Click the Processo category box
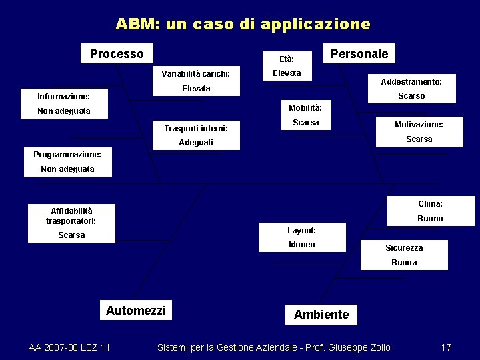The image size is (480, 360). coord(117,54)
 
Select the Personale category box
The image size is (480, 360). coord(359,54)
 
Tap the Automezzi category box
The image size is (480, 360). coord(136,310)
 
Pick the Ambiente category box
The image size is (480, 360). coord(321,314)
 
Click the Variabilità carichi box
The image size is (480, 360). coord(196,81)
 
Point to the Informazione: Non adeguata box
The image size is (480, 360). coord(64,103)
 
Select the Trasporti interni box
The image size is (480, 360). coord(196,135)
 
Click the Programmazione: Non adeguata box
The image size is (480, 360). coord(67,162)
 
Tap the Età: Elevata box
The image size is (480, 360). coord(287,66)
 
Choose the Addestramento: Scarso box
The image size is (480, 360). coord(411,89)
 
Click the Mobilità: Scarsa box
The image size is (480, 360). coord(305,115)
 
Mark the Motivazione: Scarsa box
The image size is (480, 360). coord(419,131)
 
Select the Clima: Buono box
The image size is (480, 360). coord(430,211)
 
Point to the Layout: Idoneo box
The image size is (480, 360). coord(302,237)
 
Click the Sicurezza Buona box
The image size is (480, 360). coord(404,255)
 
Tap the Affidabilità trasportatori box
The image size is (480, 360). coord(71,223)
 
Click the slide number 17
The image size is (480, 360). coord(446,347)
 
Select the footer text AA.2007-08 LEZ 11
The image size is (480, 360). coord(70,347)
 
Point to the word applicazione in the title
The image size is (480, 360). coord(315,25)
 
